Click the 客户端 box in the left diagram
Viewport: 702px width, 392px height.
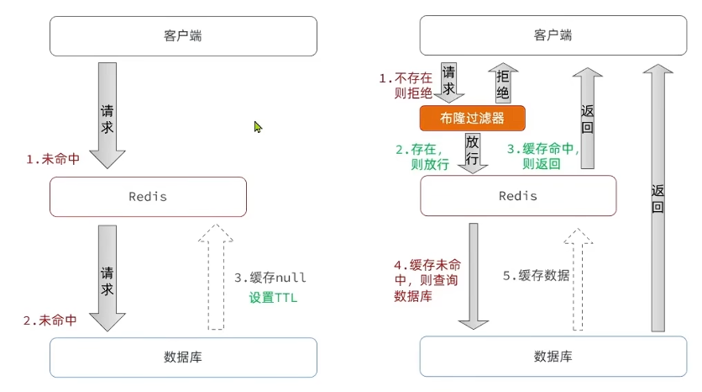coord(183,36)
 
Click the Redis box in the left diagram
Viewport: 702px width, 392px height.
coord(148,197)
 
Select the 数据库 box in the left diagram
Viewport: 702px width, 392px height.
coord(183,357)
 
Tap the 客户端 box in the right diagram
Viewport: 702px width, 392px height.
coord(553,36)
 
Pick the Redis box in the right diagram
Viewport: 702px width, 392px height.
coord(518,196)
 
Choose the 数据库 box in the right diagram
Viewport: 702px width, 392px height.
coord(553,357)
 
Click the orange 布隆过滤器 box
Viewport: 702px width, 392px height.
coord(472,118)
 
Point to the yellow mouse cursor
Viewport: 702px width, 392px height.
coord(259,127)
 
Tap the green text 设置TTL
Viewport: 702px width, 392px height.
coord(273,297)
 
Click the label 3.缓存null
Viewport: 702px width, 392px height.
coord(270,278)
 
